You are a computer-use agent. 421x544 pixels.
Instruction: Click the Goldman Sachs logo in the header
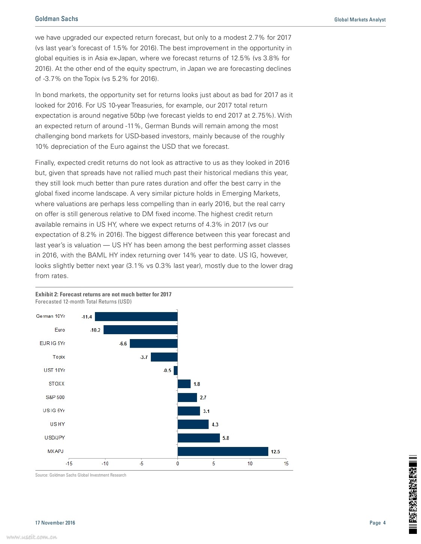[57, 19]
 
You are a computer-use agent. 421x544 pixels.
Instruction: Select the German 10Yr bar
[136, 317]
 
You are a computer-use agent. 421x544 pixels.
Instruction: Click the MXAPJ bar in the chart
[223, 451]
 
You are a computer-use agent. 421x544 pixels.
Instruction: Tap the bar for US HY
[193, 424]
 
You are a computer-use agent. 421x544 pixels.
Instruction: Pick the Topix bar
[164, 357]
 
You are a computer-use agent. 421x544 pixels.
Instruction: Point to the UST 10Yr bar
[176, 371]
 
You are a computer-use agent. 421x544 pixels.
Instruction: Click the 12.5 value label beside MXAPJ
[275, 452]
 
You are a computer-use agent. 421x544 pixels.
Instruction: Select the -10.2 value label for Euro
[95, 330]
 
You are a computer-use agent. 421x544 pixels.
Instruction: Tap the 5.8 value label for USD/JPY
[226, 438]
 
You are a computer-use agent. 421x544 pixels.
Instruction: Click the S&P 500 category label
[55, 397]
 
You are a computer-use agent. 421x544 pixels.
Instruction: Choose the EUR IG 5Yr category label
[52, 343]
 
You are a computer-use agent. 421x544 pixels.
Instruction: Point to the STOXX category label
[57, 384]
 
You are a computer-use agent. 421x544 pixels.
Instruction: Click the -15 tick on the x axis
[69, 464]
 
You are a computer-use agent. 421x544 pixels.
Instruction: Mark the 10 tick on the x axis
[250, 464]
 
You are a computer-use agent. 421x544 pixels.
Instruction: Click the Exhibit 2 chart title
[103, 294]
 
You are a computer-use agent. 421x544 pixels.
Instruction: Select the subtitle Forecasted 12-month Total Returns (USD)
[83, 302]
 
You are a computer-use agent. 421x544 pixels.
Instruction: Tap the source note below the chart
[81, 475]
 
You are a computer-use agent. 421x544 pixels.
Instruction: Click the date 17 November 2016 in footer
[55, 523]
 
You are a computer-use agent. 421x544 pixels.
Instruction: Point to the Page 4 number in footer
[377, 523]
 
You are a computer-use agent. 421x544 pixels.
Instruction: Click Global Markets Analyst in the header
[360, 19]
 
